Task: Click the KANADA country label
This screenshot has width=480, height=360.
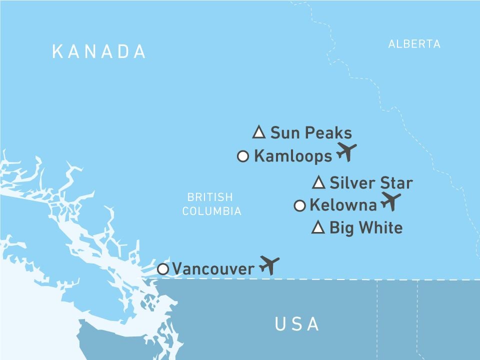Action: pos(99,51)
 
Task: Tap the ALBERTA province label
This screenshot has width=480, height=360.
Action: pos(414,44)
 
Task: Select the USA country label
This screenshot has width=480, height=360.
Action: pos(297,324)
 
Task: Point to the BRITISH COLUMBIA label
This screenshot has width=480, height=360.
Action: pos(211,204)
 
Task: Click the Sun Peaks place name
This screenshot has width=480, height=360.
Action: pos(311,133)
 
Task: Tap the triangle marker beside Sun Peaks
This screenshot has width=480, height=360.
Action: pos(258,132)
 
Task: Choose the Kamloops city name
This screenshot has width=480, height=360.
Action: pos(293,156)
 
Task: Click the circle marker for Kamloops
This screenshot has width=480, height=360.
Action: pos(243,156)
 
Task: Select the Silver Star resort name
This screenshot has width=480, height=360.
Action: pos(371,183)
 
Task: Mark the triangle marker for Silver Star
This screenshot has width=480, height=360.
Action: pos(318,183)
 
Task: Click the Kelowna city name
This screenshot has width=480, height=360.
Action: pos(343,205)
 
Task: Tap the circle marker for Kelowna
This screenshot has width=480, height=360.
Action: pos(299,205)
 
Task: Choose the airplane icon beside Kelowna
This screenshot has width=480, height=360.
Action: pos(391,201)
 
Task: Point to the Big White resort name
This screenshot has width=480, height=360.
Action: pos(366,228)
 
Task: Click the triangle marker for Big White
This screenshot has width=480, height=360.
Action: pos(318,228)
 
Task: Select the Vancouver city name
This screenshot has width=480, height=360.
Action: pos(213,269)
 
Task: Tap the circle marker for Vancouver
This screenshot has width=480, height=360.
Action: pos(163,269)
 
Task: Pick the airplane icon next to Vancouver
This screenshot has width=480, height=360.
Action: pos(269,265)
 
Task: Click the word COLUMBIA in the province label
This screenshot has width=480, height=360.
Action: pos(211,211)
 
